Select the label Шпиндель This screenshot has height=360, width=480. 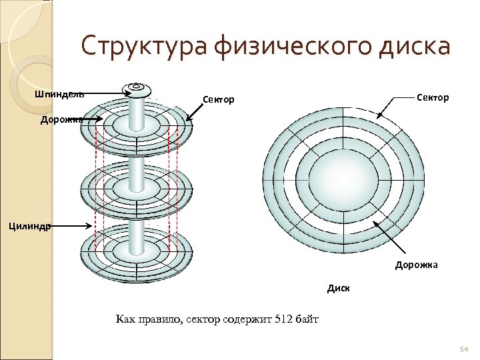(59, 94)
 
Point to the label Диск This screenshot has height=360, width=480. (338, 289)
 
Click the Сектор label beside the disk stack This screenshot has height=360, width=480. (219, 100)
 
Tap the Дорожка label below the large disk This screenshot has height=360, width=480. (416, 265)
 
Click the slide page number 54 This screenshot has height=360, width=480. (465, 349)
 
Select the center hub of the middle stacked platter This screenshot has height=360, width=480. (136, 189)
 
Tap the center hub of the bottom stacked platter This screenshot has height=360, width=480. (136, 252)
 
